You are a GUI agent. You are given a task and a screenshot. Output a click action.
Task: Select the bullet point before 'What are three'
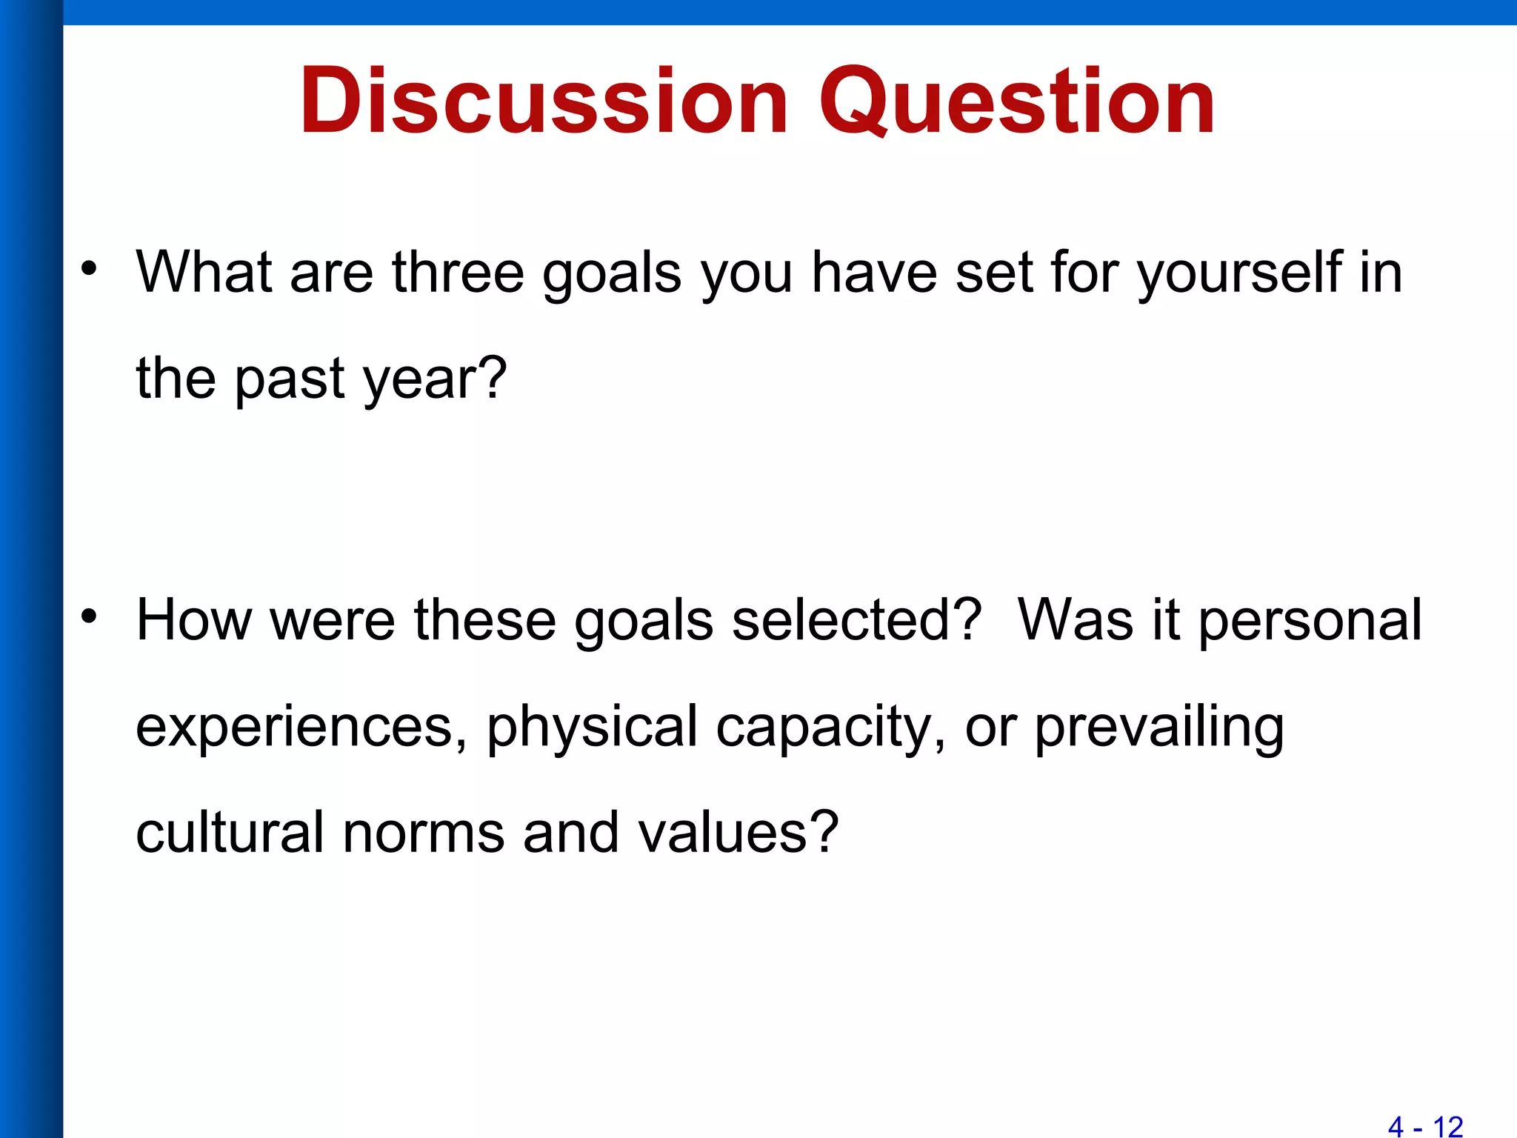[90, 267]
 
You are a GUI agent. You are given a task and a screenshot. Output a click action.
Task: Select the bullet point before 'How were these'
[90, 615]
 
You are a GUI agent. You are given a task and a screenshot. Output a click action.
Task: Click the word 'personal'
[1310, 619]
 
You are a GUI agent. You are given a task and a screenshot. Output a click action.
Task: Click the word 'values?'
[738, 832]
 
